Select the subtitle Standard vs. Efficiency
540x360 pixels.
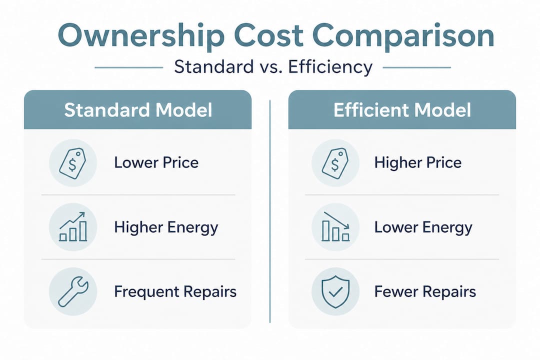pos(273,67)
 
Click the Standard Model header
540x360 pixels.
pos(137,110)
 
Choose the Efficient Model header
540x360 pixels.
pos(402,110)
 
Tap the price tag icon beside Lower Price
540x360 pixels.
pos(72,162)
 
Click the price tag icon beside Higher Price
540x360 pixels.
pos(335,162)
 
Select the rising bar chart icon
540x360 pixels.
pos(72,227)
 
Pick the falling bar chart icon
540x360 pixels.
pos(335,227)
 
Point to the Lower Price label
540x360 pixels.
pos(156,162)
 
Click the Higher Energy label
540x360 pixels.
pos(166,227)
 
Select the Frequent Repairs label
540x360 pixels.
pos(175,291)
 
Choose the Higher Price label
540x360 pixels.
pos(417,162)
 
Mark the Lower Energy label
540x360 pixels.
pos(423,227)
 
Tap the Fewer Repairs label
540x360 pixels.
pos(425,291)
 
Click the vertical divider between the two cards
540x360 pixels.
pos(270,210)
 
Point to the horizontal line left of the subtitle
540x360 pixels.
pos(128,67)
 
